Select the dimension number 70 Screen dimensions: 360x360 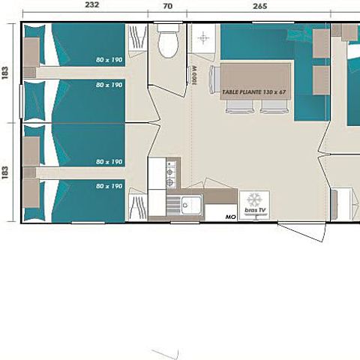pyautogui.click(x=167, y=5)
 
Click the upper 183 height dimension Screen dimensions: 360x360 pyautogui.click(x=6, y=73)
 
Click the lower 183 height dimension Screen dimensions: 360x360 pyautogui.click(x=6, y=172)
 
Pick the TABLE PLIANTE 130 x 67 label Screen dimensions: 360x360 pyautogui.click(x=251, y=92)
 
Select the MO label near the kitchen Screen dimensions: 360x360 pyautogui.click(x=229, y=217)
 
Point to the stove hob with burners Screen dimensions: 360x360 pyautogui.click(x=171, y=175)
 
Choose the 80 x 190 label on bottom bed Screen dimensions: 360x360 pyautogui.click(x=109, y=185)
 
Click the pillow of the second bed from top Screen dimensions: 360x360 pyautogui.click(x=35, y=96)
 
